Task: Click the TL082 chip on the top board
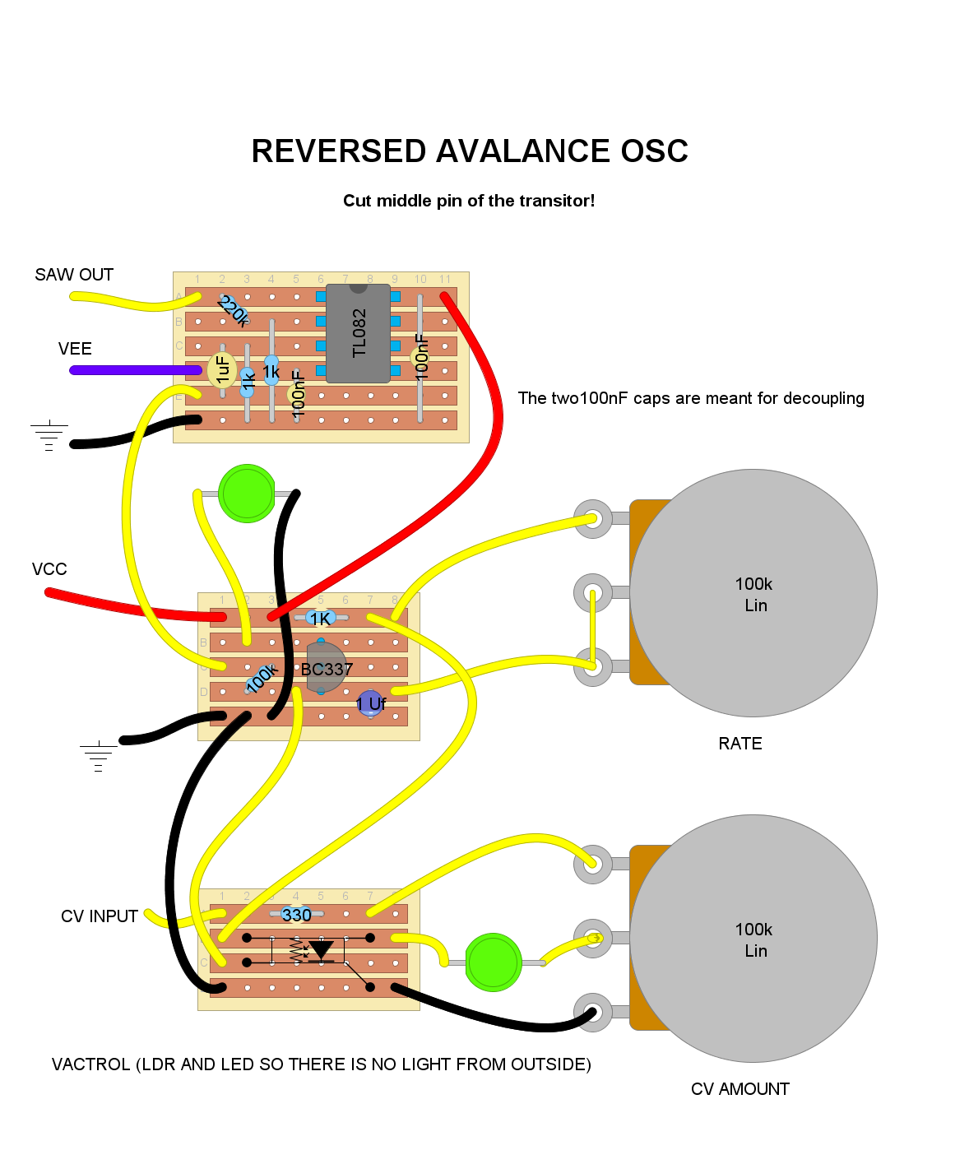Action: (x=358, y=333)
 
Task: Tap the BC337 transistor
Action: (x=326, y=667)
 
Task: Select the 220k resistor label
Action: (x=233, y=311)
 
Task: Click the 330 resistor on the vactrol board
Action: (x=296, y=914)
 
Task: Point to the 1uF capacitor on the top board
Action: (x=222, y=369)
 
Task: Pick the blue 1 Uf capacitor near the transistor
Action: (x=370, y=703)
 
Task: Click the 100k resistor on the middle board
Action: (x=261, y=678)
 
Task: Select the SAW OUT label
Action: (x=74, y=275)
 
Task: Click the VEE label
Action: (x=75, y=349)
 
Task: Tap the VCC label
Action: (x=49, y=569)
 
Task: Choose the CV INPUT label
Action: (x=100, y=916)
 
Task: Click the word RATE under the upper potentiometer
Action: (x=740, y=744)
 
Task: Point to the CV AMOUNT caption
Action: (x=740, y=1089)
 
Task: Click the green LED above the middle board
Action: (x=247, y=494)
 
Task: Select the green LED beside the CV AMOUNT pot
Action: (x=494, y=962)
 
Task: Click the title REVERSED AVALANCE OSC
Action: (x=470, y=151)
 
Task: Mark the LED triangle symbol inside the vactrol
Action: (x=321, y=950)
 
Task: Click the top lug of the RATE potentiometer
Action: (x=592, y=519)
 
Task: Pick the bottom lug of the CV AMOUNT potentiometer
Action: (x=592, y=1012)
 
